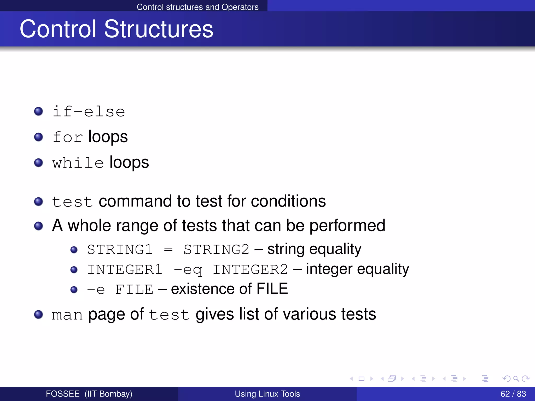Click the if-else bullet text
tap(89, 112)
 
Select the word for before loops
tap(68, 137)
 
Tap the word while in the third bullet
tap(78, 163)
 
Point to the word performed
tap(347, 225)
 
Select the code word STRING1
tap(120, 250)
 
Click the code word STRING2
tap(216, 250)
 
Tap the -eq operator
tap(188, 270)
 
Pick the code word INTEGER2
tap(250, 270)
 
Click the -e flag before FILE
tap(96, 290)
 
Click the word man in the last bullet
tap(67, 315)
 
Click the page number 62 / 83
tap(513, 394)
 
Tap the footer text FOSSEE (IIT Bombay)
tap(89, 394)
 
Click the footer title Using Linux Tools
tap(267, 394)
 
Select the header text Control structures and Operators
tap(197, 7)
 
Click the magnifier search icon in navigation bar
tap(516, 379)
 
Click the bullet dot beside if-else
tap(39, 111)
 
